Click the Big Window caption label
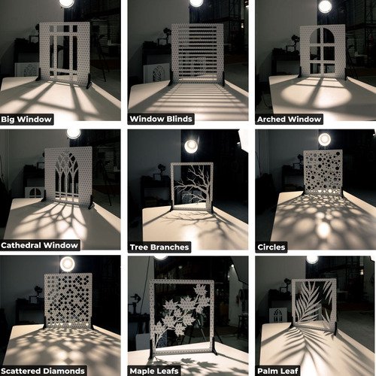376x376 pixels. click(x=27, y=119)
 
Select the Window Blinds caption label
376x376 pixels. click(x=161, y=119)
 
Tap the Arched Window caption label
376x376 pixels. click(x=289, y=119)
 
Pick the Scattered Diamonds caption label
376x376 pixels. click(x=43, y=370)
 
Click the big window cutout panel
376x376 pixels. click(x=65, y=51)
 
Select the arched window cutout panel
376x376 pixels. click(x=322, y=51)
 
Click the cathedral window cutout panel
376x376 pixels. click(x=68, y=180)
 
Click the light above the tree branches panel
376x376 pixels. click(x=192, y=146)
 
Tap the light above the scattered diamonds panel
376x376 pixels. click(x=68, y=264)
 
